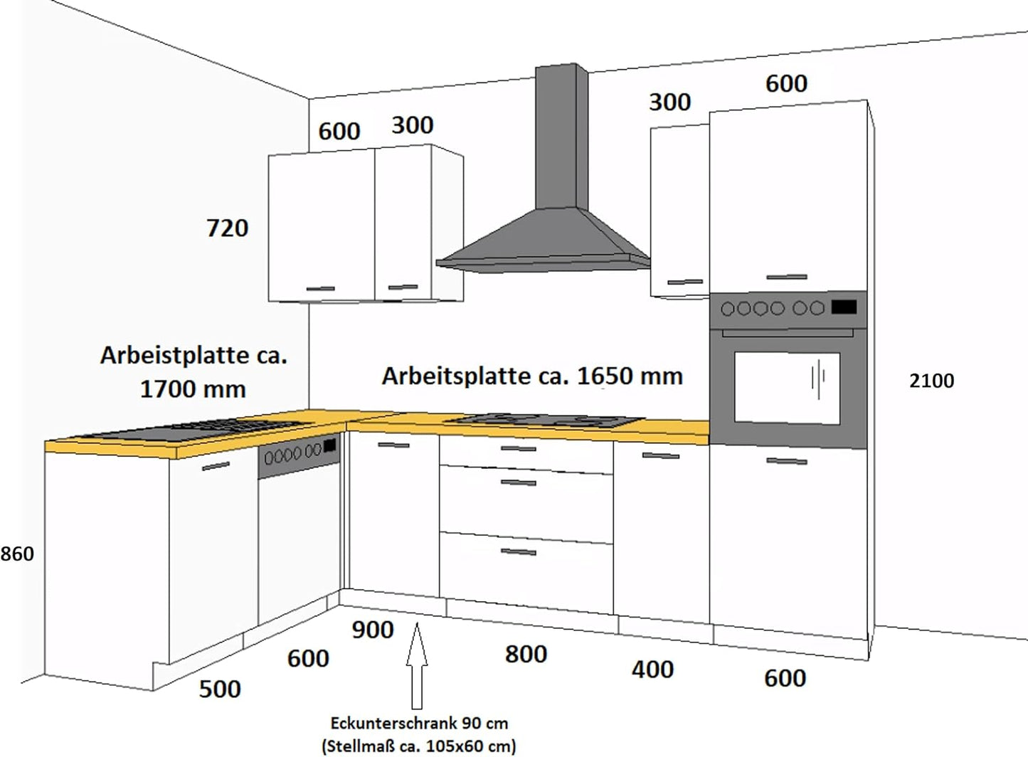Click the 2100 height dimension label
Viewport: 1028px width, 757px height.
point(932,381)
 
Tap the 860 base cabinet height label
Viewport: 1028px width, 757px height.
point(17,554)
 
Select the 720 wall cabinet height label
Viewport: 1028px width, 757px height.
point(227,228)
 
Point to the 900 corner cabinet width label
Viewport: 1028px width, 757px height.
point(373,630)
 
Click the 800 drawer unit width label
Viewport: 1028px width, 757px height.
point(526,654)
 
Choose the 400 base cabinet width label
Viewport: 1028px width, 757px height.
point(652,669)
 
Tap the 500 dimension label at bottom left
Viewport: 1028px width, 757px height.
point(220,689)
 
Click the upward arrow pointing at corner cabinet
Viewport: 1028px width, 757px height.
point(417,666)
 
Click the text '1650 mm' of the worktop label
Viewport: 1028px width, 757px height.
point(630,376)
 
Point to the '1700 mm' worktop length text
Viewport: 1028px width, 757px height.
point(193,389)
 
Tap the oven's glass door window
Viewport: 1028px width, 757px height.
point(787,388)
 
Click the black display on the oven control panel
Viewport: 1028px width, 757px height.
point(844,307)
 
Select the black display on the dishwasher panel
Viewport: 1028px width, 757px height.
point(330,445)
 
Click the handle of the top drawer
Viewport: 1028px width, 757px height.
point(518,448)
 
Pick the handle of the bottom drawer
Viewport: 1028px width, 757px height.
point(518,552)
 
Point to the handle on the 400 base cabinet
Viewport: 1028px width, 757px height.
point(660,455)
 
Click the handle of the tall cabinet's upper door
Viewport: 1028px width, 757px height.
point(787,277)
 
